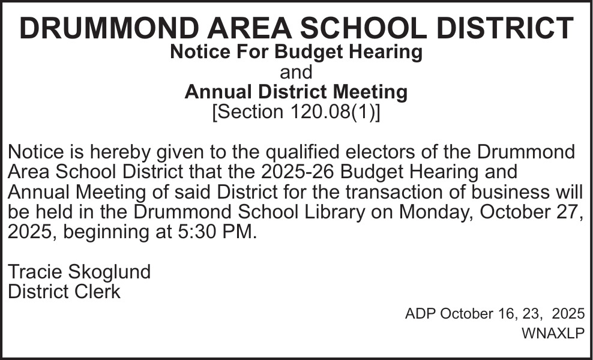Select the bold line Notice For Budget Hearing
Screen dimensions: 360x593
[296, 52]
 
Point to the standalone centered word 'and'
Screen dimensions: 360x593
[296, 73]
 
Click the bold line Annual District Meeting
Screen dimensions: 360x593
[296, 92]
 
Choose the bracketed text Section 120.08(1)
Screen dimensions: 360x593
[296, 112]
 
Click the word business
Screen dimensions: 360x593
[526, 193]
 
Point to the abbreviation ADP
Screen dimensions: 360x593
[421, 314]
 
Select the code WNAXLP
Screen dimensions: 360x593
[553, 334]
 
